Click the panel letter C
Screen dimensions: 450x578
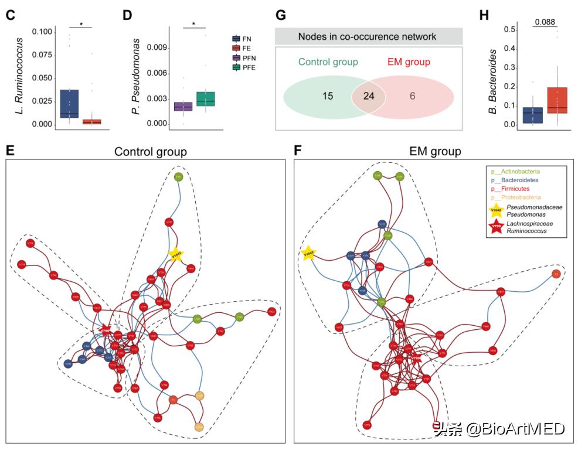click(10, 15)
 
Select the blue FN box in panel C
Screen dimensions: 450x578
click(69, 104)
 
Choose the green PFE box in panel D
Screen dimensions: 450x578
click(206, 98)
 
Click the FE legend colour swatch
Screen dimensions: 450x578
click(236, 48)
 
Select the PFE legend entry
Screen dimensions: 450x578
click(252, 68)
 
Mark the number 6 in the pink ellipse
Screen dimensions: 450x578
click(413, 96)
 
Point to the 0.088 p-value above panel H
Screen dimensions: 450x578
click(545, 22)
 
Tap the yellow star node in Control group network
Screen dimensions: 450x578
click(175, 254)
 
